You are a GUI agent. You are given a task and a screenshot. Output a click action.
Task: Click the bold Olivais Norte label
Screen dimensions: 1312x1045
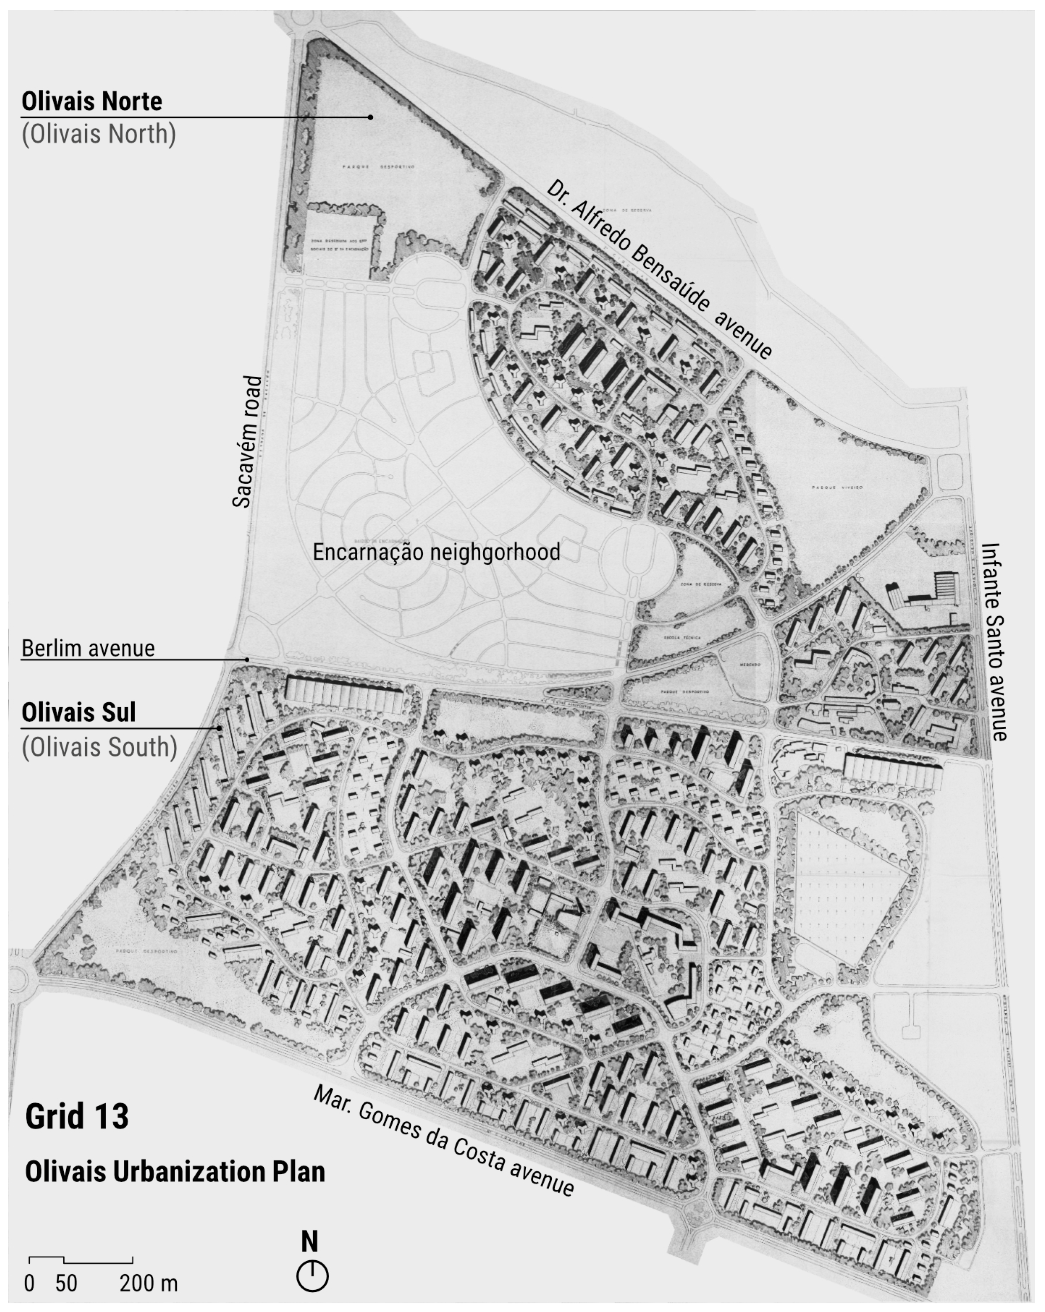pos(92,101)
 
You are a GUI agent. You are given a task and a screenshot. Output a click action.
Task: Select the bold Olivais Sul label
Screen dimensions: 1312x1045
pos(79,712)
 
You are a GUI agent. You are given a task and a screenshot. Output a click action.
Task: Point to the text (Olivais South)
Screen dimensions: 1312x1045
pos(99,747)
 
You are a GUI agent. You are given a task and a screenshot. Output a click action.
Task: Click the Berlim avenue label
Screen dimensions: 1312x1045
pos(88,648)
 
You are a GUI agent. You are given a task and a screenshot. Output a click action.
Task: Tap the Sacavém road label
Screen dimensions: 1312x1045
pos(247,441)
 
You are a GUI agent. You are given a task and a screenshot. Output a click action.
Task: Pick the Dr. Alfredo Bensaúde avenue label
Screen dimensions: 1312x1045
pos(659,268)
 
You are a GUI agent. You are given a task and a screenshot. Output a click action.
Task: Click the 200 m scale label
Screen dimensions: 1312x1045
pos(148,1283)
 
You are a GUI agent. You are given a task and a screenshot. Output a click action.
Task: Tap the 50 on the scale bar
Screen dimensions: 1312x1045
pos(66,1283)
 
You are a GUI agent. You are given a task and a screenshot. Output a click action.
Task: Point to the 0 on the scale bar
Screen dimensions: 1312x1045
pos(29,1283)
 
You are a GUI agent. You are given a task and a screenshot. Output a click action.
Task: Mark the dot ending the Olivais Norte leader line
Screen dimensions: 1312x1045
pos(370,117)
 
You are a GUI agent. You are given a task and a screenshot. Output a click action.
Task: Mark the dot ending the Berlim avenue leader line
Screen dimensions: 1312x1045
pos(247,659)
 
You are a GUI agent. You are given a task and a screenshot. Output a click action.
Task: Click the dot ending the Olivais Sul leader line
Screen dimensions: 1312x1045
pos(219,728)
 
